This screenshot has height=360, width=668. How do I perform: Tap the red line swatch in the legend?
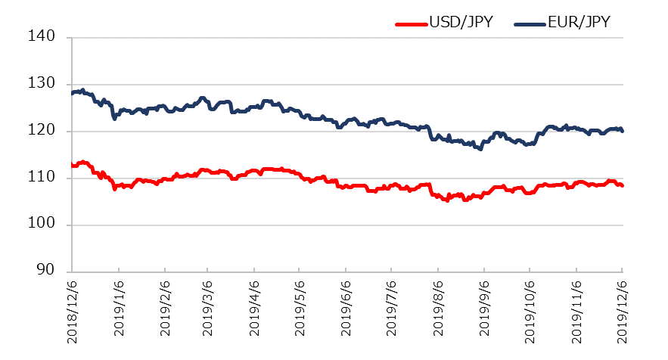click(x=411, y=23)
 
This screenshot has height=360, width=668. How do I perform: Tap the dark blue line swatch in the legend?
click(x=529, y=23)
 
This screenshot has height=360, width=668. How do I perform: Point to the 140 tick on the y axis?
click(x=48, y=37)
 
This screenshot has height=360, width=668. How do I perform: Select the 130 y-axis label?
click(x=48, y=84)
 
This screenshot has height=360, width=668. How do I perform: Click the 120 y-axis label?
click(x=48, y=131)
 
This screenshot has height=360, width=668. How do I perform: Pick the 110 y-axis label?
click(x=48, y=178)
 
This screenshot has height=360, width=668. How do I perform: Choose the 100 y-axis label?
click(x=48, y=225)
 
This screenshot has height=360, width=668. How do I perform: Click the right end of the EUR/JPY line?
click(x=622, y=131)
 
